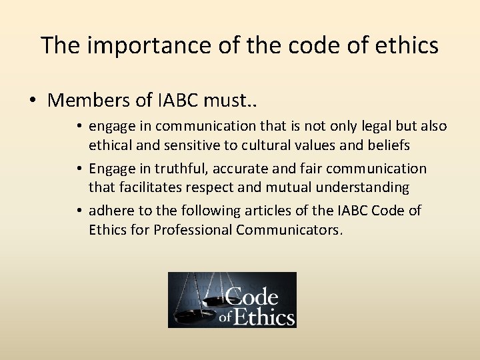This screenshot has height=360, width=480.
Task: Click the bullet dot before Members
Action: [x=32, y=101]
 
